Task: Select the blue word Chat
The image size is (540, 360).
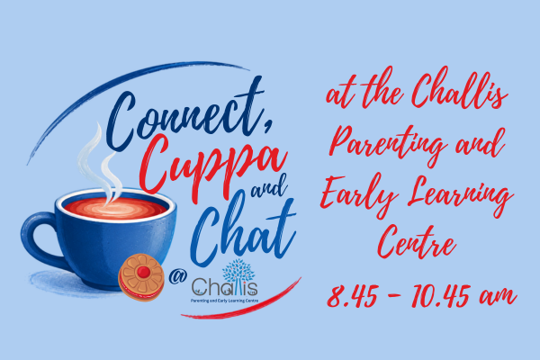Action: [x=243, y=230]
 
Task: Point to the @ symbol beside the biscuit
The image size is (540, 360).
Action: [x=177, y=275]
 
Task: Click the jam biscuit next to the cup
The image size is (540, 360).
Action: [x=141, y=277]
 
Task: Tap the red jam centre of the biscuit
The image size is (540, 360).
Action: [x=144, y=273]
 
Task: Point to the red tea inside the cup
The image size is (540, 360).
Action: [x=115, y=208]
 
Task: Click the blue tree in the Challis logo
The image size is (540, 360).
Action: [x=238, y=272]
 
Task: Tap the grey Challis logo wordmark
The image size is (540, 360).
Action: [x=224, y=287]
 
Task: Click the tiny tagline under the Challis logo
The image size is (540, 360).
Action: [x=224, y=301]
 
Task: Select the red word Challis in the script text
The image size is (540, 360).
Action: [x=459, y=89]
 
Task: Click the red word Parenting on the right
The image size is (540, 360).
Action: [x=386, y=144]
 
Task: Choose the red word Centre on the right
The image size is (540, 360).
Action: [x=418, y=242]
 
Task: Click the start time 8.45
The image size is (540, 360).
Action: [x=352, y=296]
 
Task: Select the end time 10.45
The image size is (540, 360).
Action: [x=440, y=296]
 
